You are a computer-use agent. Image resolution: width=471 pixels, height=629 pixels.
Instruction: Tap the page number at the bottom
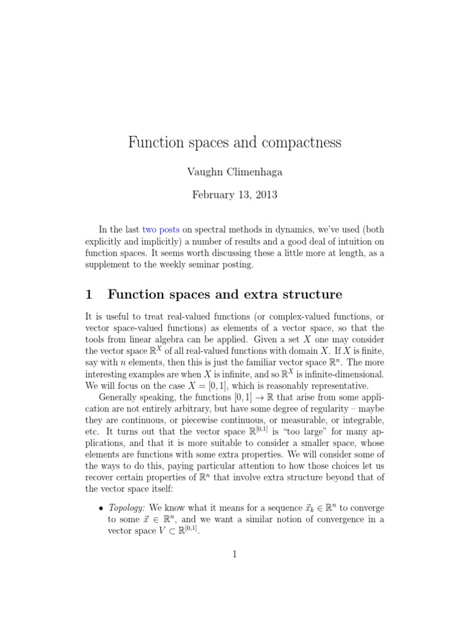point(235,554)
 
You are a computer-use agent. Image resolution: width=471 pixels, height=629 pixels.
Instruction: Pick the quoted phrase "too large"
point(323,432)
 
